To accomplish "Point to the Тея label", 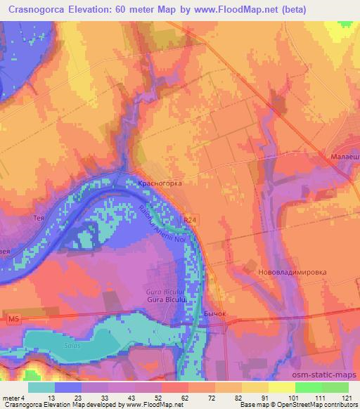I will [x=39, y=218].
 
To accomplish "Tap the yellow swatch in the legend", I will [x=282, y=387].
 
